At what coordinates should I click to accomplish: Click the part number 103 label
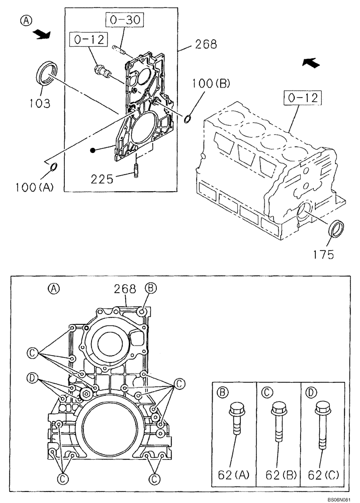40,104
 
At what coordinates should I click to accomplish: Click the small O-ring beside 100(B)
188,119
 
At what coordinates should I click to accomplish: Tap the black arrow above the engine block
310,62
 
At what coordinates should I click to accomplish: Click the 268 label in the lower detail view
125,289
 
